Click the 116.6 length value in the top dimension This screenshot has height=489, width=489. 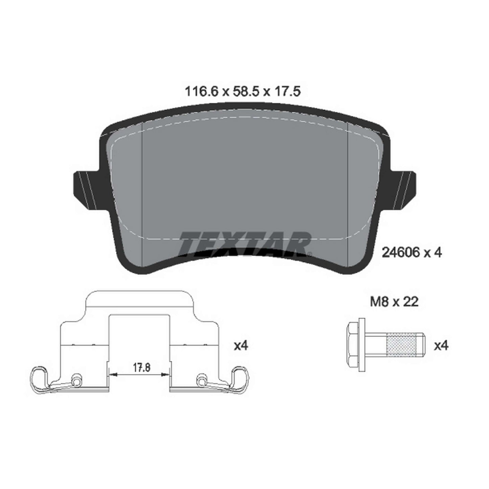[202, 92]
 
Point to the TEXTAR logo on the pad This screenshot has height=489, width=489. [245, 244]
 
